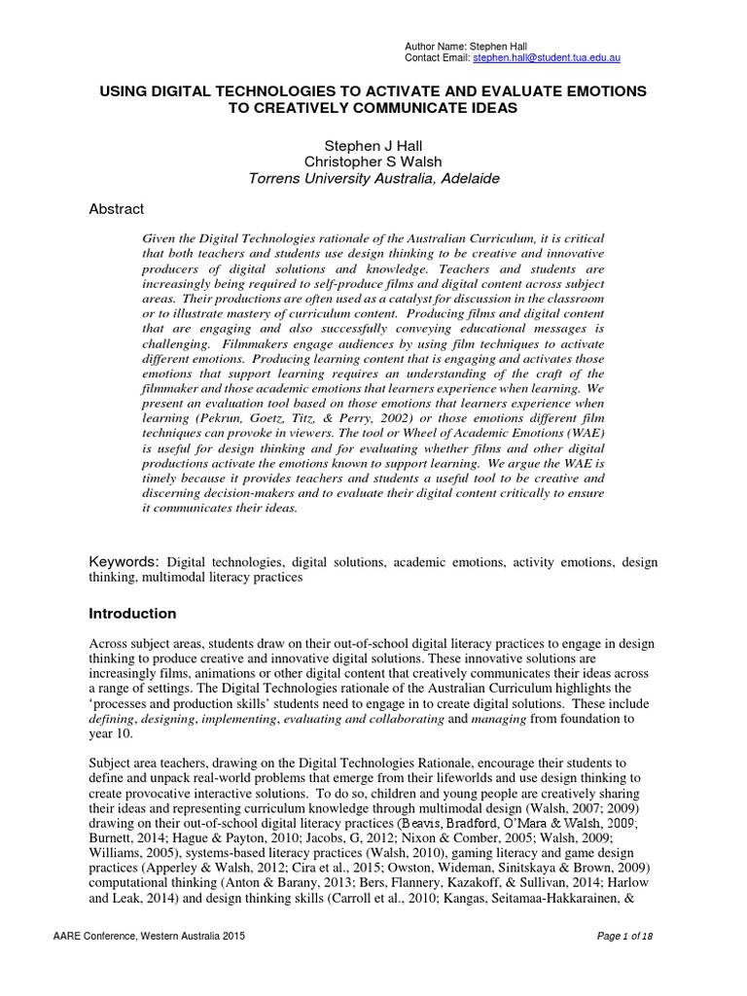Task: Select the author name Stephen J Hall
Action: [374, 145]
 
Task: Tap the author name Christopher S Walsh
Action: [374, 161]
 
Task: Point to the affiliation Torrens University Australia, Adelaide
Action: [374, 179]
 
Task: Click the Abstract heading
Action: [116, 209]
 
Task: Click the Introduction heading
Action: [132, 614]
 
